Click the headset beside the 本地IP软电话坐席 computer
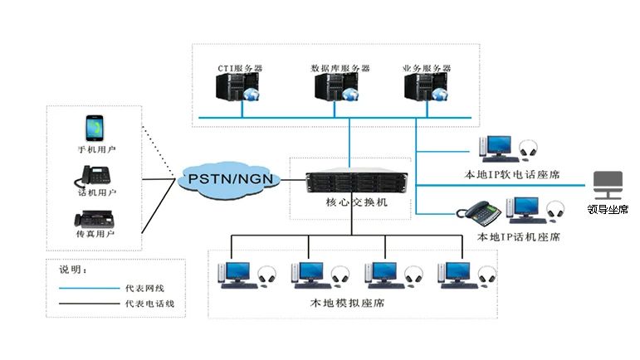(x=528, y=150)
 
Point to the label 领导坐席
(x=609, y=210)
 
